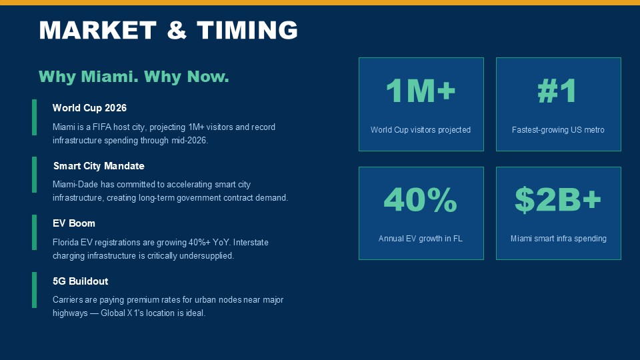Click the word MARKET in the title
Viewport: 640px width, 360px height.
tap(97, 30)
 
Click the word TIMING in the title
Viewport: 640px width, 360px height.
tap(247, 30)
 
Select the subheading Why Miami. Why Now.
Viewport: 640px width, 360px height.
tap(134, 77)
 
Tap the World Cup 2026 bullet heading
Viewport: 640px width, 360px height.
tap(89, 108)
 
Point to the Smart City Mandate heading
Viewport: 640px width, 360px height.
tap(99, 166)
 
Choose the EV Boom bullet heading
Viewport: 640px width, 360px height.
tap(74, 223)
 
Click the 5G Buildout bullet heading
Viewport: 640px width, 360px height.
tap(81, 281)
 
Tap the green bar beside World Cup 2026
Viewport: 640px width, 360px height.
tap(34, 117)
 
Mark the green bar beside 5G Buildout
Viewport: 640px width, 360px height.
tap(34, 290)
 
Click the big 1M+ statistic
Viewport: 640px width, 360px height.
tap(421, 91)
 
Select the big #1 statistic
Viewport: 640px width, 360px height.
tap(557, 91)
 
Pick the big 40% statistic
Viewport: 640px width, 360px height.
tap(421, 199)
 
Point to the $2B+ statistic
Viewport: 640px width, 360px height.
tap(558, 199)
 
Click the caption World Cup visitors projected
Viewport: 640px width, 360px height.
tap(421, 130)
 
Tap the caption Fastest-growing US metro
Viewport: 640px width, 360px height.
tap(558, 130)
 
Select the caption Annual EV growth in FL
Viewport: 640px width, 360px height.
tap(421, 239)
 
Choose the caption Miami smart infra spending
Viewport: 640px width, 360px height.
tap(559, 239)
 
